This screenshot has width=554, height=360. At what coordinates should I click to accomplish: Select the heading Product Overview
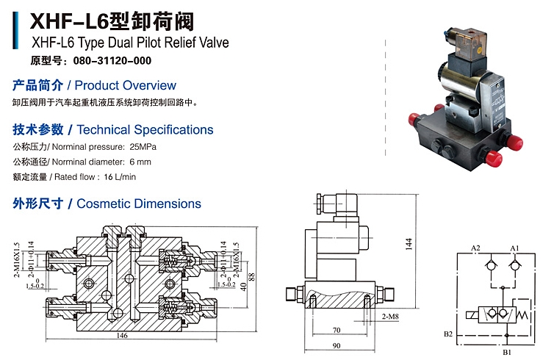126,85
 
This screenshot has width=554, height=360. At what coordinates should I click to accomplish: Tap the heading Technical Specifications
145,130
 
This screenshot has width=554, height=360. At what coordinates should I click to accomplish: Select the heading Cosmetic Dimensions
139,204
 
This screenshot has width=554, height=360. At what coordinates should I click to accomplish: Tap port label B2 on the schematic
447,334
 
